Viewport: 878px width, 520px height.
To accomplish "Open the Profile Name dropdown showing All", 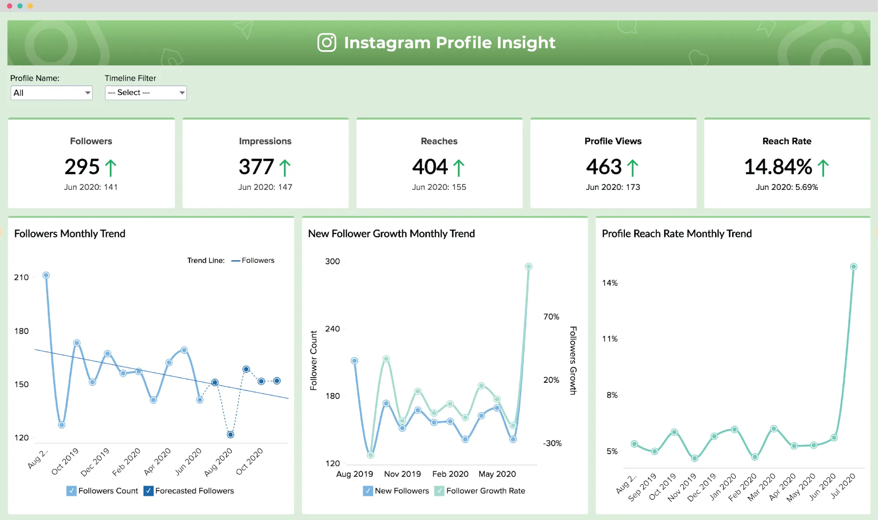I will click(x=51, y=93).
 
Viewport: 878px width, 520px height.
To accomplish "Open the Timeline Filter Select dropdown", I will click(x=146, y=93).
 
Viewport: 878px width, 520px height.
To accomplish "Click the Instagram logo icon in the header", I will click(x=327, y=43).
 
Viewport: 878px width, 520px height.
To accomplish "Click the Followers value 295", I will click(x=82, y=167).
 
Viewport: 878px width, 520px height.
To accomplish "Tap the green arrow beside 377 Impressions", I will click(x=285, y=168).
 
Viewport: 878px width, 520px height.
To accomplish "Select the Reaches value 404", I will click(x=430, y=167).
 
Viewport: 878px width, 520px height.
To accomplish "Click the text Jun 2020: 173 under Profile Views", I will click(x=613, y=187).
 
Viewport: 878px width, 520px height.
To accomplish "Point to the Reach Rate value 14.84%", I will click(x=778, y=167).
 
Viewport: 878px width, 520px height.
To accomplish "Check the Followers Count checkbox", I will click(x=71, y=491).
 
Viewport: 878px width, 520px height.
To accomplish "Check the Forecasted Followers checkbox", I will click(x=148, y=491).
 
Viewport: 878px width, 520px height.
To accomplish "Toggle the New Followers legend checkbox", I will click(x=368, y=491).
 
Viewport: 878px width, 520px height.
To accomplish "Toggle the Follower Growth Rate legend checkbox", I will click(x=439, y=491).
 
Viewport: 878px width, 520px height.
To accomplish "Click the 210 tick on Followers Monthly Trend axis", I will click(x=21, y=277).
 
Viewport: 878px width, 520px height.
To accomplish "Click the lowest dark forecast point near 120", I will click(x=230, y=435).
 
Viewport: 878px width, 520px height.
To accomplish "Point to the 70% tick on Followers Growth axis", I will click(x=551, y=317).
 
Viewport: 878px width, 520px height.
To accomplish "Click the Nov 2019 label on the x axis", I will click(x=402, y=474).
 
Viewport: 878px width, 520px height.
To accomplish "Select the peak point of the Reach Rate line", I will click(x=853, y=267).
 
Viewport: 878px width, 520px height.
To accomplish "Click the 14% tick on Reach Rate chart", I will click(x=610, y=283).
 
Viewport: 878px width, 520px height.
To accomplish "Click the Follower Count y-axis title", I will click(x=313, y=360).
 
